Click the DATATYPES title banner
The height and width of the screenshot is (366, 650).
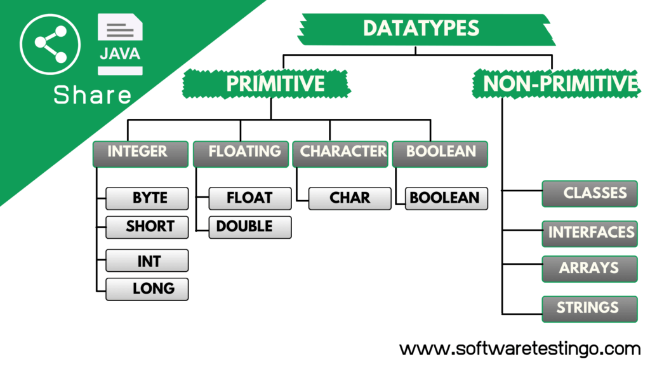[x=426, y=29]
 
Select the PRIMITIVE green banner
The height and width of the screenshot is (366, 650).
[x=267, y=84]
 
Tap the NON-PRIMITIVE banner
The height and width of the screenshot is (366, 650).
[x=557, y=84]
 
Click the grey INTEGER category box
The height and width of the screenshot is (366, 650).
[x=140, y=154]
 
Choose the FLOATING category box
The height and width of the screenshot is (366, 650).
[x=241, y=154]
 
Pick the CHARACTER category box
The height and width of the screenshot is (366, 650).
[x=340, y=154]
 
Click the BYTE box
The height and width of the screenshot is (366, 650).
[x=147, y=198]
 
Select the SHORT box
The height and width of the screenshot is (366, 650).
[x=147, y=227]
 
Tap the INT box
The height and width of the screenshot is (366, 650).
[x=147, y=261]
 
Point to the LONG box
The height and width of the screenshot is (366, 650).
[x=147, y=289]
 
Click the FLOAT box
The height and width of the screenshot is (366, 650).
[x=250, y=198]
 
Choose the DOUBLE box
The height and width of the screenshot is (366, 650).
[x=250, y=227]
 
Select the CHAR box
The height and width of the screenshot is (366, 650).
[x=350, y=198]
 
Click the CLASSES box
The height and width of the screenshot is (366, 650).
[x=590, y=194]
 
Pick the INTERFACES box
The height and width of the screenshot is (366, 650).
[x=590, y=234]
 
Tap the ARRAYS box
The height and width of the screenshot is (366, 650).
[x=590, y=269]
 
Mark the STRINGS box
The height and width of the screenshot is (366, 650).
[x=590, y=309]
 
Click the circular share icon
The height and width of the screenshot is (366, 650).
[x=50, y=44]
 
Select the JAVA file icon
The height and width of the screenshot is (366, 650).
[x=120, y=44]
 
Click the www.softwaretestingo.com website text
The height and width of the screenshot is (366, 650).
[x=520, y=349]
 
